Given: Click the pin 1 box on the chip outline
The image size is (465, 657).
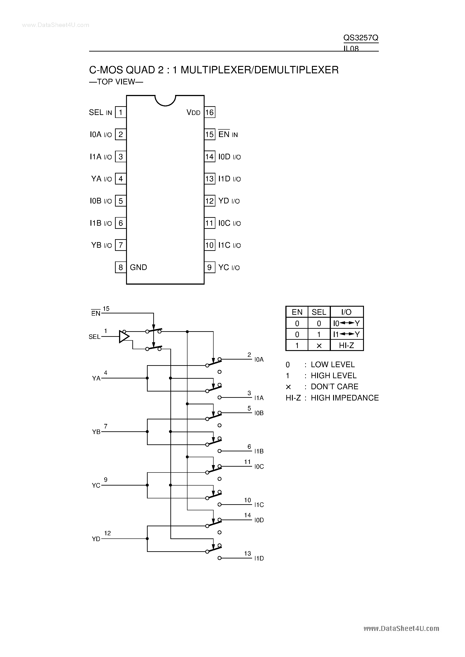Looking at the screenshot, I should (x=121, y=112).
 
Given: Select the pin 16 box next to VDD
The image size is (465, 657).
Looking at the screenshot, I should (x=210, y=112).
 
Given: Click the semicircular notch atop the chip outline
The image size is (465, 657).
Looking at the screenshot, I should (x=165, y=100).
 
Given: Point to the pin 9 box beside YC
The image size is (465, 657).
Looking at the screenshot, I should (x=210, y=267).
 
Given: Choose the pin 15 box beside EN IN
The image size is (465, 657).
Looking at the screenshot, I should (x=210, y=134).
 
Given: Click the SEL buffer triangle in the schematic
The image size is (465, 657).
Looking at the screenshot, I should (x=124, y=337).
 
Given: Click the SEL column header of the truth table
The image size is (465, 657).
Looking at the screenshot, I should (x=319, y=312).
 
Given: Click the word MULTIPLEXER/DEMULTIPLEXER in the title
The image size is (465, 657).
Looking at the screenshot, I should (x=260, y=70).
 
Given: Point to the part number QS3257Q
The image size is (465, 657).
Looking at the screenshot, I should (x=361, y=38).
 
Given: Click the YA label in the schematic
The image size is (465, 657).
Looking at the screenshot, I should (x=96, y=378).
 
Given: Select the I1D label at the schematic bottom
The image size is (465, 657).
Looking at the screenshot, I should (x=259, y=558).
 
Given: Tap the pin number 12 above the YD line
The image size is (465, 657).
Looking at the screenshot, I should (x=107, y=533).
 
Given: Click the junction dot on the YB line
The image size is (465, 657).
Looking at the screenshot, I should (x=147, y=432).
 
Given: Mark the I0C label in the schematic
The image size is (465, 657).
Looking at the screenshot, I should (x=259, y=467).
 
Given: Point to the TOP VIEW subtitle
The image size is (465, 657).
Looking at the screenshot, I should (x=116, y=82).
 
